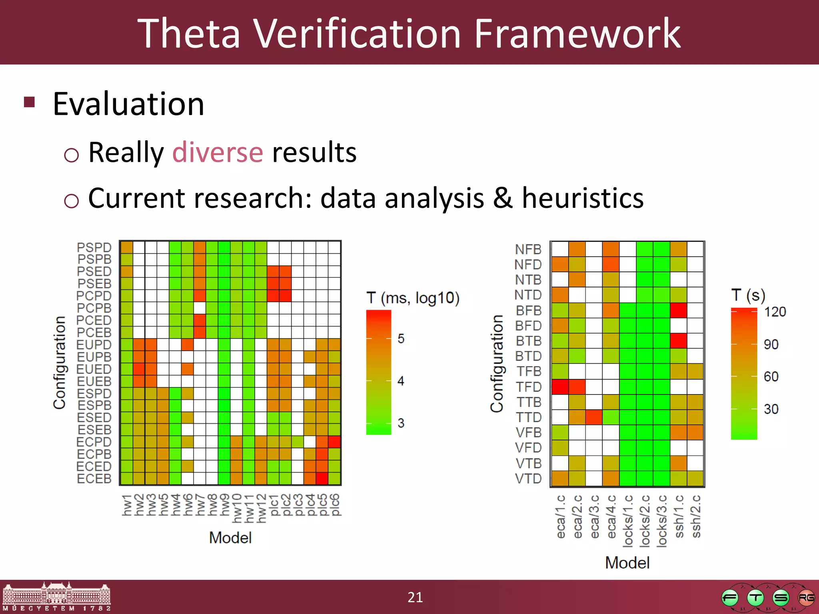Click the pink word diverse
coord(218,153)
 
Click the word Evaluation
coord(128,104)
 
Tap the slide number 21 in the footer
coord(415,597)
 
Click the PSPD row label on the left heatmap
coord(94,247)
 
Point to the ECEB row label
coord(94,478)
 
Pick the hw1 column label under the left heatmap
coord(127,505)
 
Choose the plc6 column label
coord(335,505)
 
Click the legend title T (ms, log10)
coord(413,298)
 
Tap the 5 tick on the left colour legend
coord(401,339)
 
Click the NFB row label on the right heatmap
coord(528,249)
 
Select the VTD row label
coord(528,478)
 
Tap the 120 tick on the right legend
coord(775,312)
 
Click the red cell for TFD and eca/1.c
coord(560,387)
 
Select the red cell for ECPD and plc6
coord(334,442)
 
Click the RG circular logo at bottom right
coord(806,598)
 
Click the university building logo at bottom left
coord(56,596)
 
